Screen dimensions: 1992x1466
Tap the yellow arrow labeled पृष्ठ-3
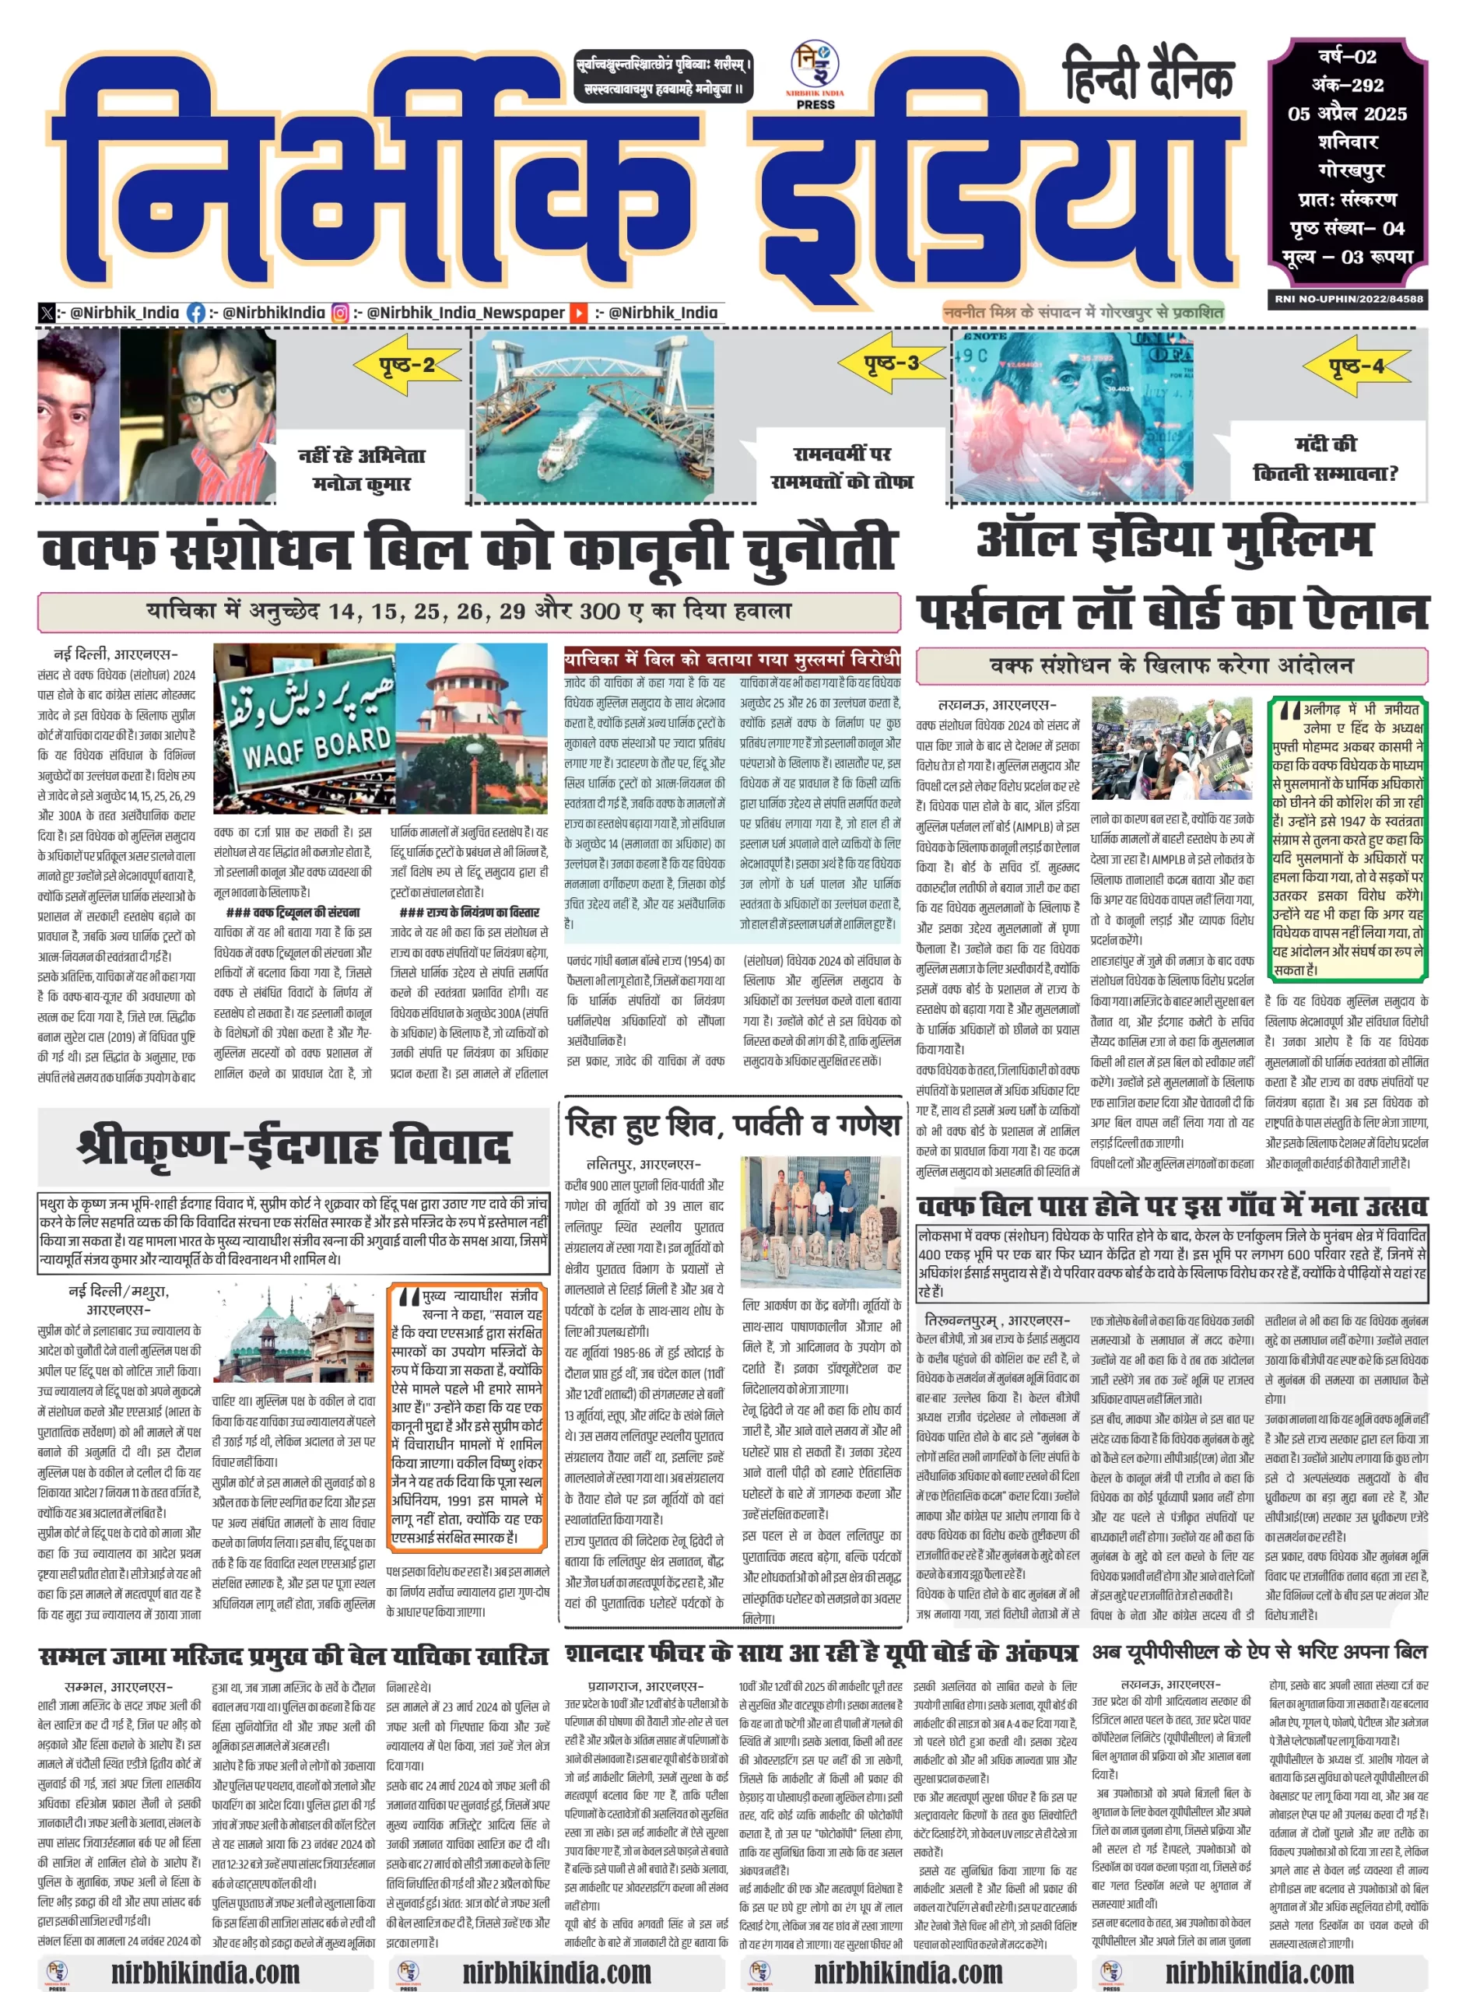point(892,363)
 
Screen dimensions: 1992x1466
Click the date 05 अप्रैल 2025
point(1347,114)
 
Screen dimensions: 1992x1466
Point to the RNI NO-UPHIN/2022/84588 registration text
point(1348,299)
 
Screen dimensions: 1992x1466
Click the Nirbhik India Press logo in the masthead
point(815,75)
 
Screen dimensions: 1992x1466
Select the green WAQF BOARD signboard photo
point(305,728)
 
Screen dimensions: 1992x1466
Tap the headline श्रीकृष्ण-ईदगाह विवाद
point(295,1145)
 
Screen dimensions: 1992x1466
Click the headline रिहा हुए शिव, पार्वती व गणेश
point(733,1125)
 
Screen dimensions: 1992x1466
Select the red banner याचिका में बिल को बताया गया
point(732,659)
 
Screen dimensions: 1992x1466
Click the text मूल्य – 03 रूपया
point(1347,258)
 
